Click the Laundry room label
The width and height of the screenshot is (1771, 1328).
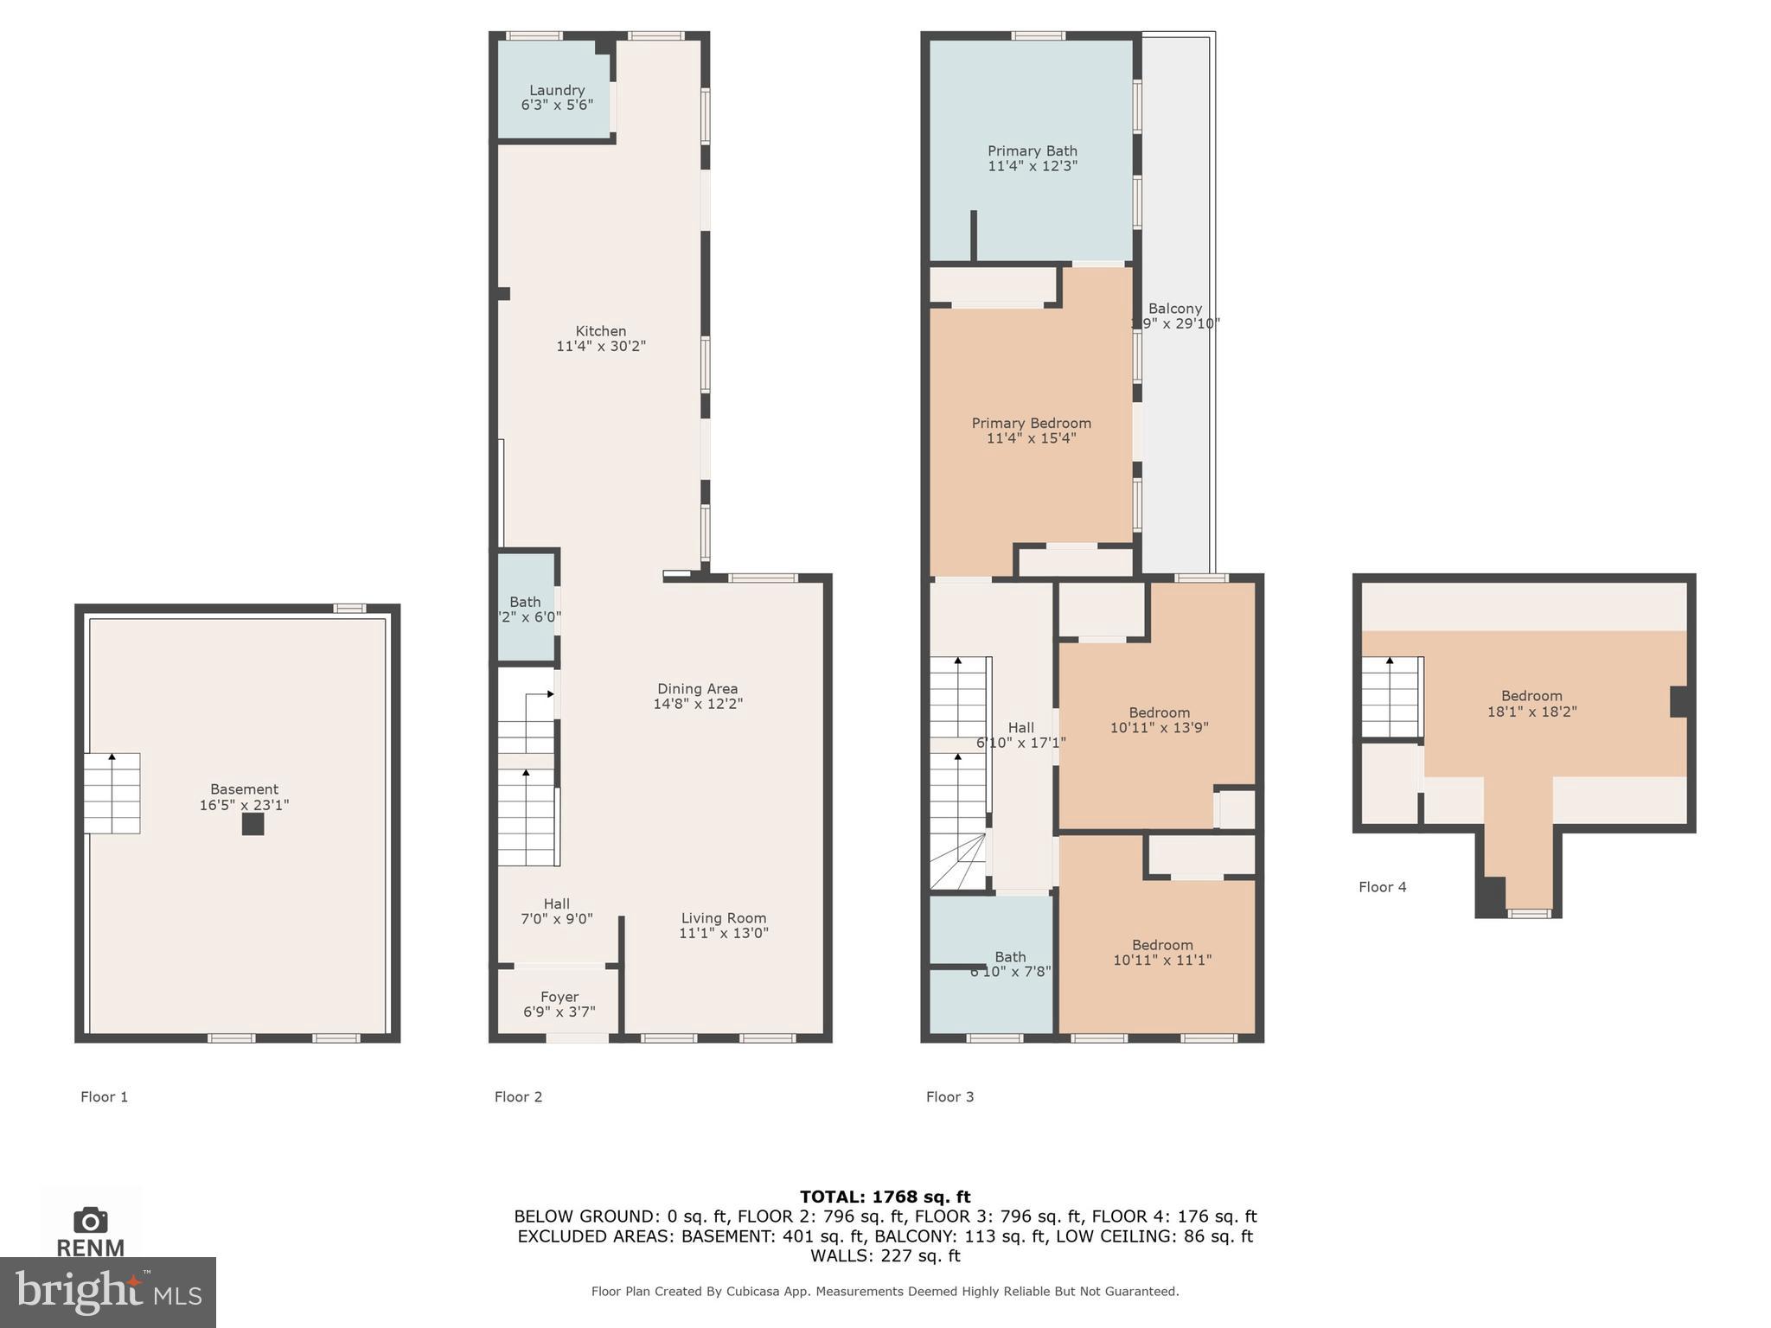[557, 97]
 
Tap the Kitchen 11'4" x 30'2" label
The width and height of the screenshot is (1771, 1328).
[601, 338]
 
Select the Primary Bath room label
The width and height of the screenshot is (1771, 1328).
[1033, 157]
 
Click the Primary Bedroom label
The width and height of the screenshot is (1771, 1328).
[1031, 430]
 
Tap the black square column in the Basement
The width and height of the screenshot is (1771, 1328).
[253, 824]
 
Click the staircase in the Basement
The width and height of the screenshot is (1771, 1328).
[112, 793]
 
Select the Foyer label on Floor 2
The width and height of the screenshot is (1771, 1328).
[559, 1004]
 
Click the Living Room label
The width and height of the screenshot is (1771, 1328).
[724, 925]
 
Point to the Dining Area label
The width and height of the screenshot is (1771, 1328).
[698, 696]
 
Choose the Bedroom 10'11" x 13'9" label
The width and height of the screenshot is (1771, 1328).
[1159, 719]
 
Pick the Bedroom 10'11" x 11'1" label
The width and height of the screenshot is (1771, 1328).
[1162, 952]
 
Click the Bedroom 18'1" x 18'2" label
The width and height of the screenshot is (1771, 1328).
[1531, 703]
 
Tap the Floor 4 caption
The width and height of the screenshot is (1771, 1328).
[1382, 887]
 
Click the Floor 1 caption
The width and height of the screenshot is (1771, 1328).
[104, 1097]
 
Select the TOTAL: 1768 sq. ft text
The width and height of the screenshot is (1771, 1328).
[885, 1197]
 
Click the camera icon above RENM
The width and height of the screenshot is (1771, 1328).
[90, 1221]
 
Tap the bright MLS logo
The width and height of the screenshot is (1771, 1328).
[107, 1292]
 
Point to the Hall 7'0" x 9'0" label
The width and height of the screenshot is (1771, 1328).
[557, 911]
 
